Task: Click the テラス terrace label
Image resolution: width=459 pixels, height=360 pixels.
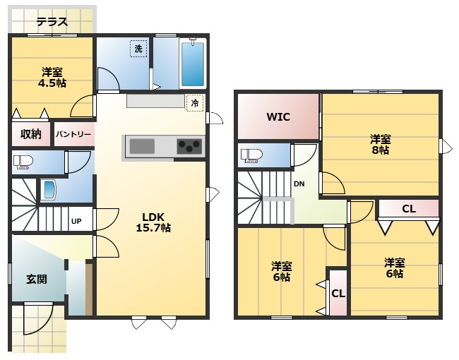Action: coord(52,22)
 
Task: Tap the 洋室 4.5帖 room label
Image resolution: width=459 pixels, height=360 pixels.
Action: coord(52,78)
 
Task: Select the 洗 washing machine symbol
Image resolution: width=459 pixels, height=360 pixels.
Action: coord(138,48)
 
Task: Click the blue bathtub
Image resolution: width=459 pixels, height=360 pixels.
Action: coord(193,64)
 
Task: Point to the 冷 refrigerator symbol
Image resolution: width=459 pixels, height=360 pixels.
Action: coord(195,103)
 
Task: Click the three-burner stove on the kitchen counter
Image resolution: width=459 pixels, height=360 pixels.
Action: coord(190,146)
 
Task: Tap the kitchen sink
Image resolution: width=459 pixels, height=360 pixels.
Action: coord(142,146)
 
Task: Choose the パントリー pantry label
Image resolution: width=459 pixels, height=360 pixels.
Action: coord(73,135)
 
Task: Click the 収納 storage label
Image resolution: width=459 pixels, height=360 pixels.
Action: coord(31,134)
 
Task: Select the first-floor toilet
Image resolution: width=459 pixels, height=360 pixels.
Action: coord(23,162)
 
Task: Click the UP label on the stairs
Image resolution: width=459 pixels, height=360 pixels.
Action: coord(76,221)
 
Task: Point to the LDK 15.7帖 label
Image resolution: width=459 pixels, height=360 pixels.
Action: coord(153,222)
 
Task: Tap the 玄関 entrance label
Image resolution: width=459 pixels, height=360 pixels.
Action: coord(37,279)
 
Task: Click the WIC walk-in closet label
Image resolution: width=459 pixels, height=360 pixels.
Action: coord(278,117)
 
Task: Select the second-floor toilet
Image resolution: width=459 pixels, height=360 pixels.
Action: coord(251,155)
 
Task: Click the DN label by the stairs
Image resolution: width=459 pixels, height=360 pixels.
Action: coord(299,184)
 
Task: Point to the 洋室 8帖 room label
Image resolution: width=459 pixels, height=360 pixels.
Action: coord(380,144)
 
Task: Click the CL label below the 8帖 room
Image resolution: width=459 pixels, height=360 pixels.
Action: coord(409,209)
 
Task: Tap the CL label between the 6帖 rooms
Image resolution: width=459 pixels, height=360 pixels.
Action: coord(338,293)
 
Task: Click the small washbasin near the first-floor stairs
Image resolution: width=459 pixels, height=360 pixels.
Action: coord(49,191)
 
